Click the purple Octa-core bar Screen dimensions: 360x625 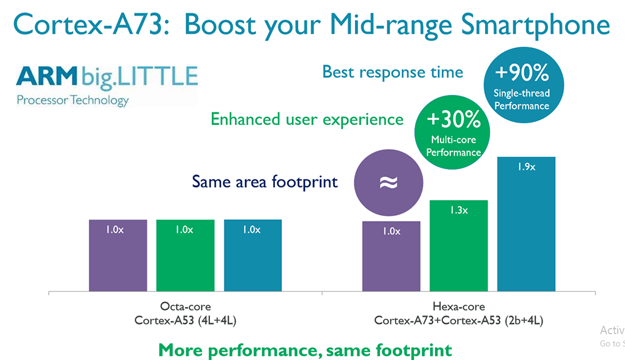click(x=117, y=255)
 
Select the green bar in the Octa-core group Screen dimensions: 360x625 click(x=185, y=255)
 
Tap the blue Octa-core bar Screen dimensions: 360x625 click(x=252, y=255)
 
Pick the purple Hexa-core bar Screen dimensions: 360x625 click(x=391, y=256)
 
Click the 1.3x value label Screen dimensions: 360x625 click(x=459, y=211)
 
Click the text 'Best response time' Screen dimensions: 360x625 click(x=392, y=72)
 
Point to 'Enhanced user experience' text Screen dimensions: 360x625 click(x=306, y=119)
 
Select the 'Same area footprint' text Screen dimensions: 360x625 click(x=265, y=182)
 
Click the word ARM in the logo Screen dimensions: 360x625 click(x=45, y=76)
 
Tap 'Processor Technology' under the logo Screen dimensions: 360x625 click(x=72, y=100)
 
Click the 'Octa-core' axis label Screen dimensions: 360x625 click(x=185, y=307)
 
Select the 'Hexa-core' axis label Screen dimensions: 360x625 click(x=459, y=307)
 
